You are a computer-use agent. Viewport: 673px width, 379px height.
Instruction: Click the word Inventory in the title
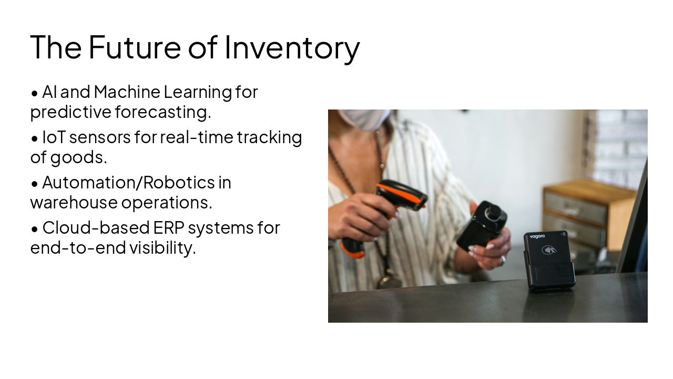(x=292, y=47)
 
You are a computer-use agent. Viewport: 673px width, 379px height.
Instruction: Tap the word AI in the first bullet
(x=49, y=92)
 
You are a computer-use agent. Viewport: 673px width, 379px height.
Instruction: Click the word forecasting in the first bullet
(x=163, y=112)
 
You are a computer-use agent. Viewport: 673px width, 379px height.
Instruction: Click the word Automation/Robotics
(x=129, y=183)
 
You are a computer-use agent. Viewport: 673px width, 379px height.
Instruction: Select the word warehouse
(x=74, y=203)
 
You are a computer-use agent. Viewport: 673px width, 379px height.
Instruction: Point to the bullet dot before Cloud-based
(x=35, y=229)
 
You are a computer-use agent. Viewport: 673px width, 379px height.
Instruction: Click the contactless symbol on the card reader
(x=549, y=250)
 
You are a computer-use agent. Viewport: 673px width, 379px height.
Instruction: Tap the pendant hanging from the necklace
(x=390, y=279)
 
